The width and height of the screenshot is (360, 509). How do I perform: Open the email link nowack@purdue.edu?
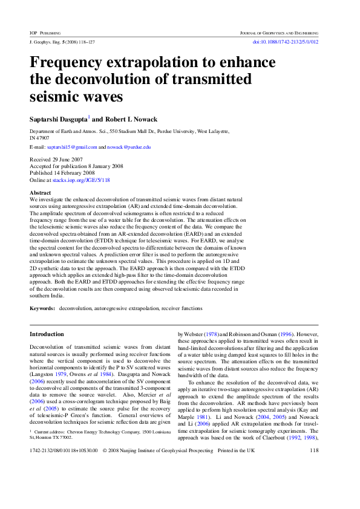pyautogui.click(x=129, y=147)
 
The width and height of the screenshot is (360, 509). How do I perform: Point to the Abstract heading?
pyautogui.click(x=41, y=193)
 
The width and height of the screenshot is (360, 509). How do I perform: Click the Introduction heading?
pyautogui.click(x=47, y=334)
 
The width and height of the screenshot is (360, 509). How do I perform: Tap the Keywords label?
pyautogui.click(x=42, y=308)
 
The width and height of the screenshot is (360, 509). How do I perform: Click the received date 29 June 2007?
pyautogui.click(x=68, y=160)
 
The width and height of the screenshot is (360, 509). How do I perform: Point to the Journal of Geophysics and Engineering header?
pyautogui.click(x=278, y=32)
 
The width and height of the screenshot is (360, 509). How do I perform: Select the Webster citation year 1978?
pyautogui.click(x=211, y=334)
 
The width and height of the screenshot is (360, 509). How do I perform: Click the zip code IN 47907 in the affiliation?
pyautogui.click(x=40, y=138)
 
